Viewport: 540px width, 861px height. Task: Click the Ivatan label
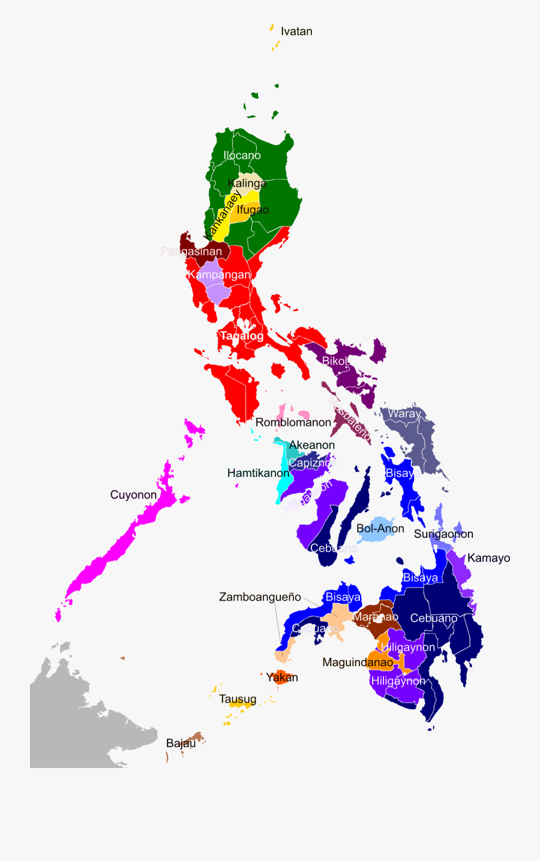click(296, 31)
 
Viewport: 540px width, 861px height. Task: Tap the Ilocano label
click(242, 155)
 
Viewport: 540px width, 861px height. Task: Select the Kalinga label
click(247, 183)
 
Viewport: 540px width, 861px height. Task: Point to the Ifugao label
click(253, 209)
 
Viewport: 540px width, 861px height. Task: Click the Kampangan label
click(219, 275)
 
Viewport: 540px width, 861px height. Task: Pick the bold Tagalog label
click(241, 335)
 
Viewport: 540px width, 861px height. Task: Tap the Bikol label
click(334, 361)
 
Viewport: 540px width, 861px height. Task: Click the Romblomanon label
click(293, 422)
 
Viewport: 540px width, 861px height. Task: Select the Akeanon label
click(311, 445)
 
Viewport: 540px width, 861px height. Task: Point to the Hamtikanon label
click(258, 473)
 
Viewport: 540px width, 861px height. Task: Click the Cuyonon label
click(133, 495)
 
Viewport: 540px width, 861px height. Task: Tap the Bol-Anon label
click(380, 529)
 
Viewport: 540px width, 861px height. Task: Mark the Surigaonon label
click(443, 534)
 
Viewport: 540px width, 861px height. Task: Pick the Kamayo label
click(488, 558)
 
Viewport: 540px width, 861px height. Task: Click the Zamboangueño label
click(260, 597)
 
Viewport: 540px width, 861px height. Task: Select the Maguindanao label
click(358, 662)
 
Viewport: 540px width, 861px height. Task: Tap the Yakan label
click(282, 677)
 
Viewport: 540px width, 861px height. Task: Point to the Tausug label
click(238, 699)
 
